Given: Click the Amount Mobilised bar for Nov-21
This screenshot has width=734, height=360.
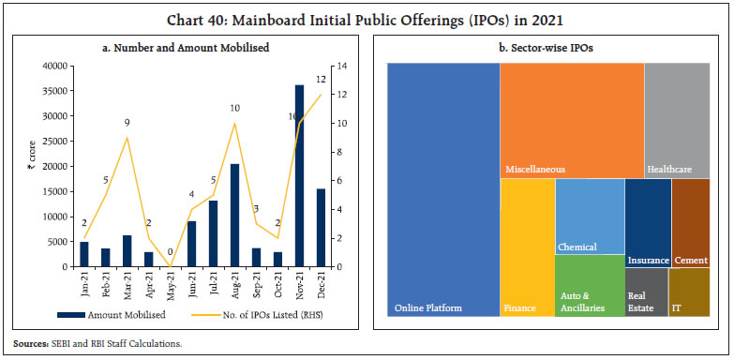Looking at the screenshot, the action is [300, 176].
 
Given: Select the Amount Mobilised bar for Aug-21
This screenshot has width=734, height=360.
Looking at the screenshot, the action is [234, 216].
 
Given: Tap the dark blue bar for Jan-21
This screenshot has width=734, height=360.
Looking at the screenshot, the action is [84, 254].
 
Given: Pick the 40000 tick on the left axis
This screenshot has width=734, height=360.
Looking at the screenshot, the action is [54, 66].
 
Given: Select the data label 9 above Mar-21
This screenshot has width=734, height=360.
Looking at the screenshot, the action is [127, 123].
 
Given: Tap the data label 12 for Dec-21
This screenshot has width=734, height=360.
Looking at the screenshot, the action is [321, 80].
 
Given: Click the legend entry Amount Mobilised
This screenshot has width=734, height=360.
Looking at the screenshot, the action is [112, 315].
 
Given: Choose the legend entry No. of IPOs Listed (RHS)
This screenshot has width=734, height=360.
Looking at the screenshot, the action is [258, 315].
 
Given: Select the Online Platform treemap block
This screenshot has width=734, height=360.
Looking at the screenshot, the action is [443, 189].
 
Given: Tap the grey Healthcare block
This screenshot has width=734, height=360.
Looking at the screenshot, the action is [677, 120].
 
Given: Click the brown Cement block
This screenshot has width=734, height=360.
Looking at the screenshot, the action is [691, 223].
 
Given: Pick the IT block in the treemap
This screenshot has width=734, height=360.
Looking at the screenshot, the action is [689, 292].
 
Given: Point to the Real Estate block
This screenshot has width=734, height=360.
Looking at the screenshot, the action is [647, 292].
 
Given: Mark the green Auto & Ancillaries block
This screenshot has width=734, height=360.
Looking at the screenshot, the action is [590, 286].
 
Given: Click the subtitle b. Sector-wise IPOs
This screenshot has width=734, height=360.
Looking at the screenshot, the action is [546, 48].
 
